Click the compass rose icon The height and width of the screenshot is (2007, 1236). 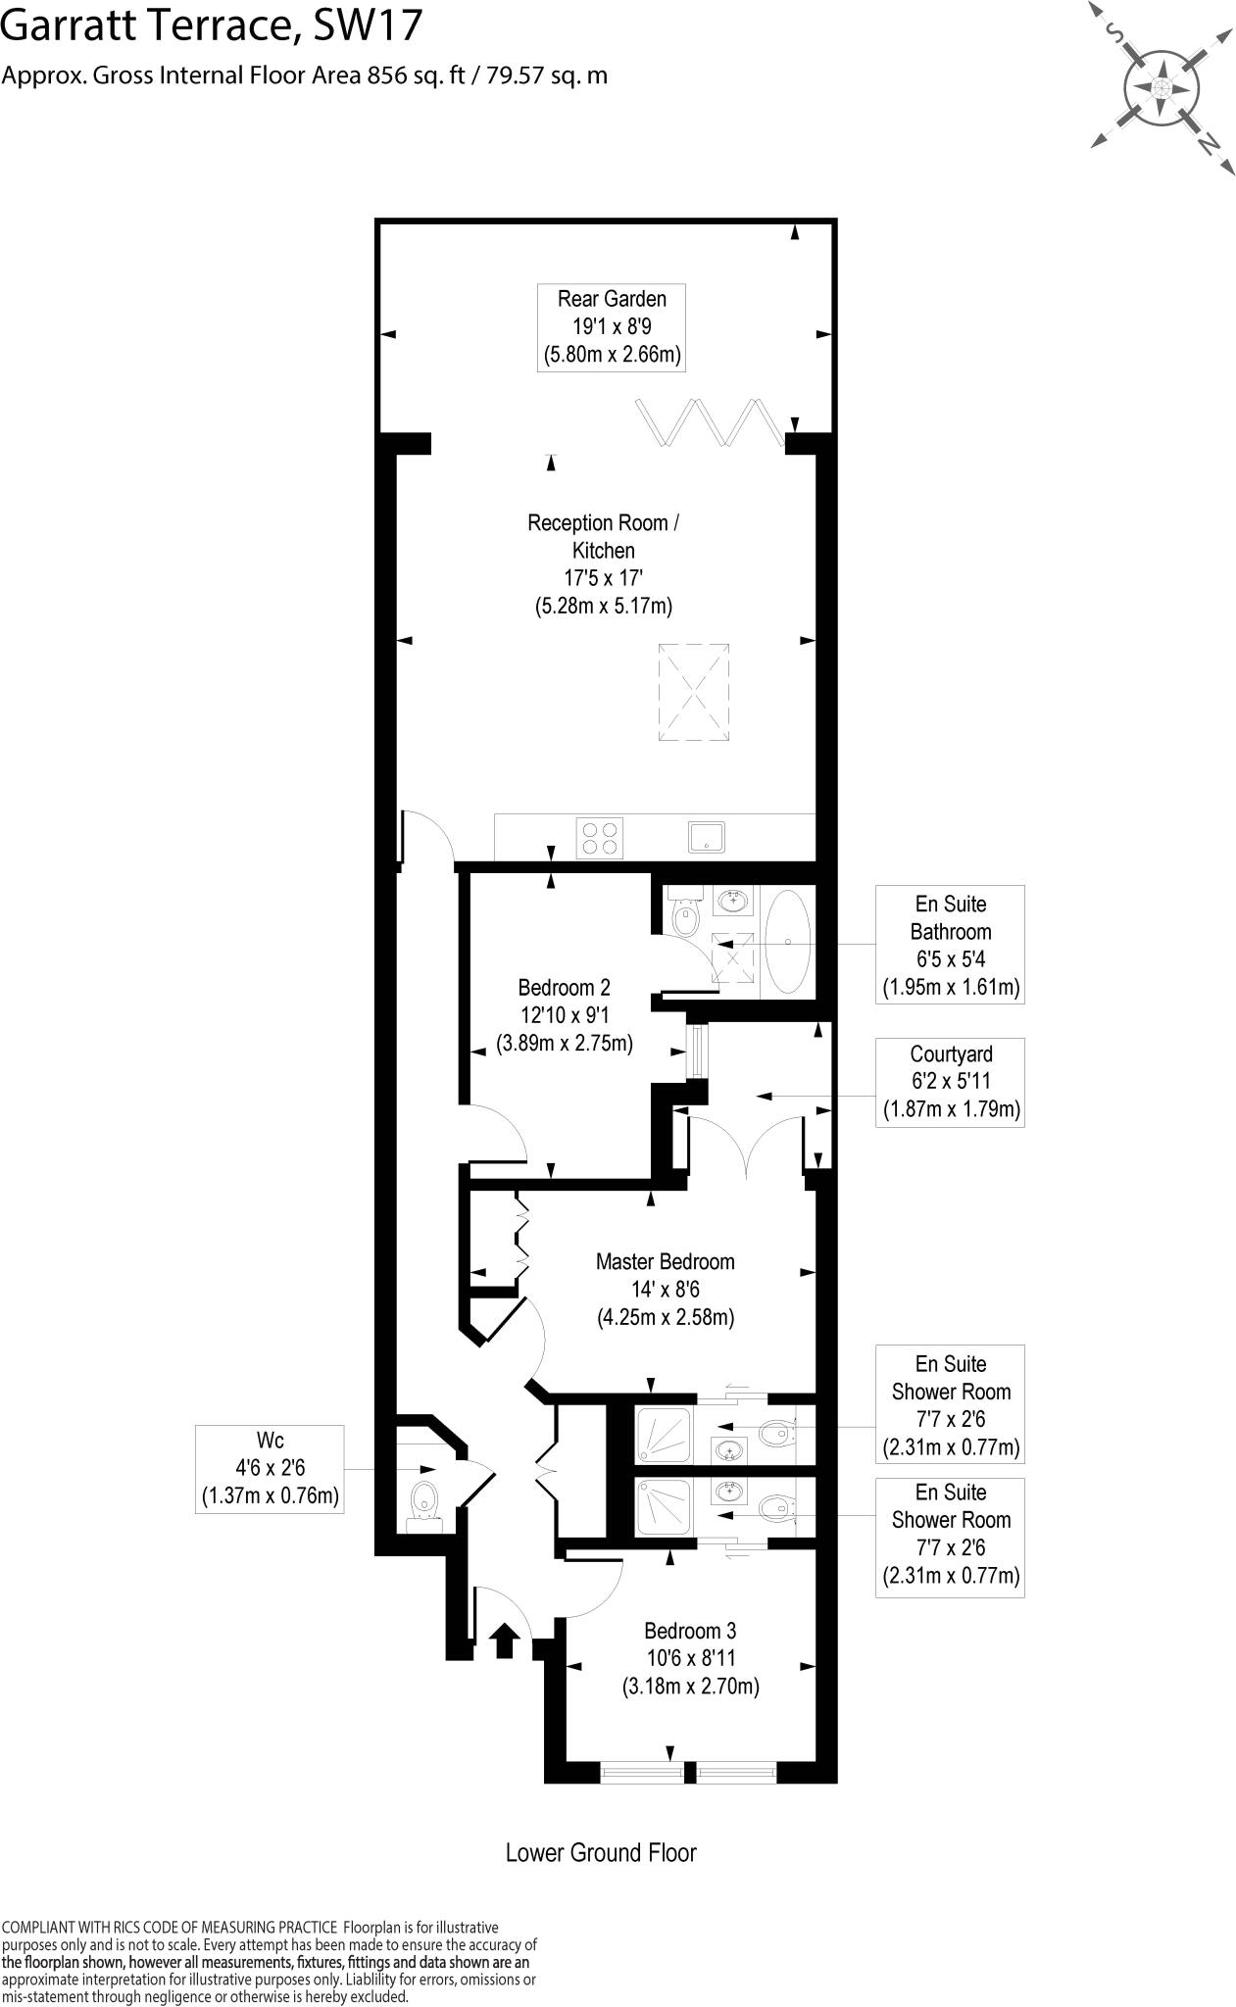[x=1162, y=88]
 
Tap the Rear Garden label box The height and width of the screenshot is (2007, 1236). [x=612, y=327]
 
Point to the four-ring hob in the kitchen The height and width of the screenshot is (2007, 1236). [x=600, y=839]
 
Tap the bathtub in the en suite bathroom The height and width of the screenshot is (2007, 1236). [x=787, y=941]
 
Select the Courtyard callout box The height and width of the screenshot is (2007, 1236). [x=950, y=1082]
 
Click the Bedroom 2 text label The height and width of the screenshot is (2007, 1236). [x=565, y=1014]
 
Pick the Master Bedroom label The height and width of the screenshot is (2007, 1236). [x=666, y=1289]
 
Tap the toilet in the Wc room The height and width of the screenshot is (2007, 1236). [x=424, y=1500]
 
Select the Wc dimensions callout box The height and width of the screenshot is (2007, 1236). [x=270, y=1469]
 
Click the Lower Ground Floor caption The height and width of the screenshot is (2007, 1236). [x=601, y=1852]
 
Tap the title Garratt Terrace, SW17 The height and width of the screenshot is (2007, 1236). [x=211, y=26]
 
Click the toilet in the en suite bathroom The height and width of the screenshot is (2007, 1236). [x=685, y=916]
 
